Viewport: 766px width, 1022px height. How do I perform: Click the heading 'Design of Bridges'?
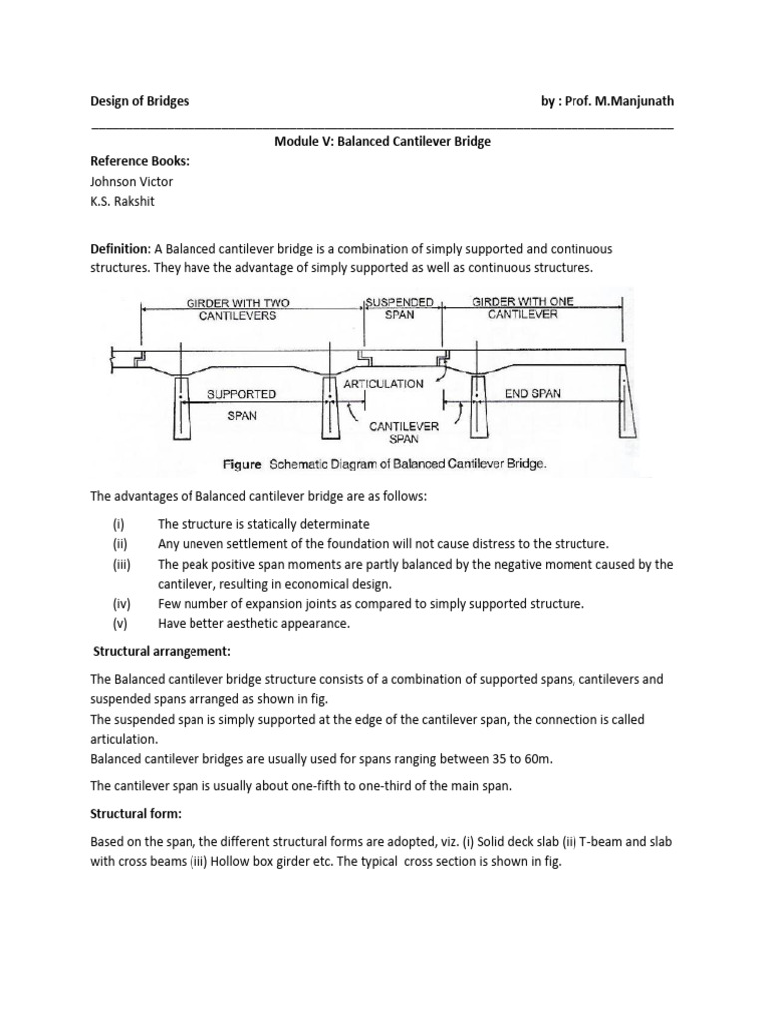[139, 102]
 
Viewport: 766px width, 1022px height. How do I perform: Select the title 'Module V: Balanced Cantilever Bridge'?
[382, 142]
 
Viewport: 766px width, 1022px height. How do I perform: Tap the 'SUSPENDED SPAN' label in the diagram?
[398, 308]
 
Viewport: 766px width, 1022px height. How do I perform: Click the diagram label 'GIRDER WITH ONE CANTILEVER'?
[523, 308]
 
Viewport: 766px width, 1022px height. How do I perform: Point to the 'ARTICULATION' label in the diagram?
[383, 384]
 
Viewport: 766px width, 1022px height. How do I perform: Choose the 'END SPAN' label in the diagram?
[532, 394]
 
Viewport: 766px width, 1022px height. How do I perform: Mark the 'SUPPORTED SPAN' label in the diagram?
[242, 404]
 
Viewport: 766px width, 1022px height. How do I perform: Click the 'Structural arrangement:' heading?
[162, 652]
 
